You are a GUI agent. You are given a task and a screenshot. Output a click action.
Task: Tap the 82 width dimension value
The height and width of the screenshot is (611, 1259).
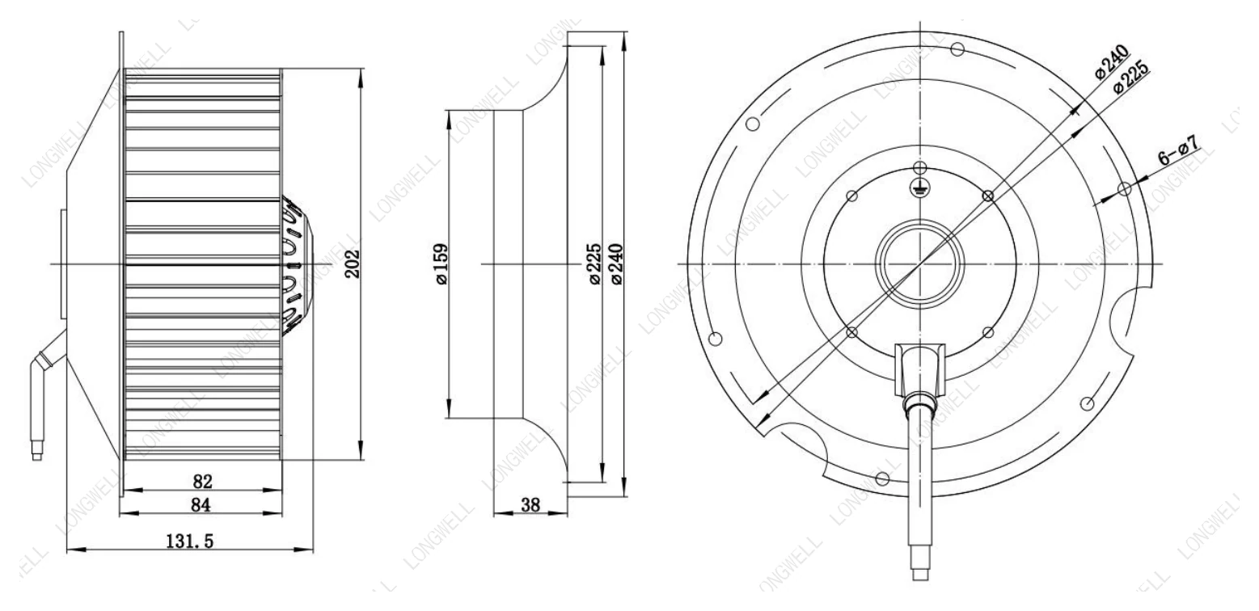[x=202, y=481]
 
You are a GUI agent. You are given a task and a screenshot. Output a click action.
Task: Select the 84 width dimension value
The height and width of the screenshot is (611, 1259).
[x=201, y=505]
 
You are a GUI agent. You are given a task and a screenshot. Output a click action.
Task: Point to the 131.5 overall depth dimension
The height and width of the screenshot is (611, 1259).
[x=190, y=541]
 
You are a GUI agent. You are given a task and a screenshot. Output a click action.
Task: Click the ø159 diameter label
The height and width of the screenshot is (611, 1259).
[x=441, y=264]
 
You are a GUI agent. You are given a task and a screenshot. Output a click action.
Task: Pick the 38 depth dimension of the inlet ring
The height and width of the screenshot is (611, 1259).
[x=530, y=505]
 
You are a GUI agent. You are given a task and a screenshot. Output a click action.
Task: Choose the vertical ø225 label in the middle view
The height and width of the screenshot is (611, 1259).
[x=594, y=264]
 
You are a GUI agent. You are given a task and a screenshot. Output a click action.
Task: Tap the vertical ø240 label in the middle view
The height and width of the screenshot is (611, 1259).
[x=617, y=264]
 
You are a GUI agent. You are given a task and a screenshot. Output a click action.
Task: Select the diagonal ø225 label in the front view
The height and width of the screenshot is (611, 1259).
[x=1131, y=74]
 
